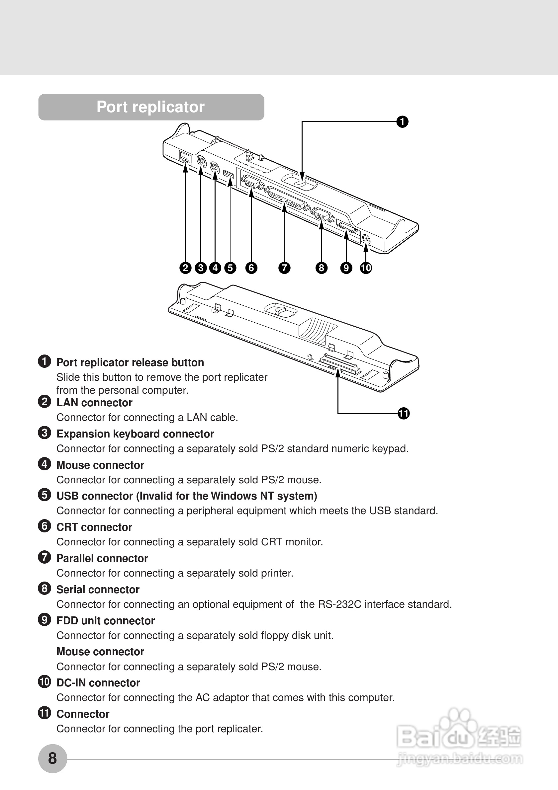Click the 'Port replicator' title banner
(151, 107)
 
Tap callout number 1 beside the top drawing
(402, 122)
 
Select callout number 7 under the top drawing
(284, 268)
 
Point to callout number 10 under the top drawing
(366, 268)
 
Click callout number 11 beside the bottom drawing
(404, 413)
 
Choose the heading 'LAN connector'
(94, 403)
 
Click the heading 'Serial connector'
(98, 590)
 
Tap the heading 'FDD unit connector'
(105, 621)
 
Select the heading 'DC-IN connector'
(98, 683)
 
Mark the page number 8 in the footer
(52, 758)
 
